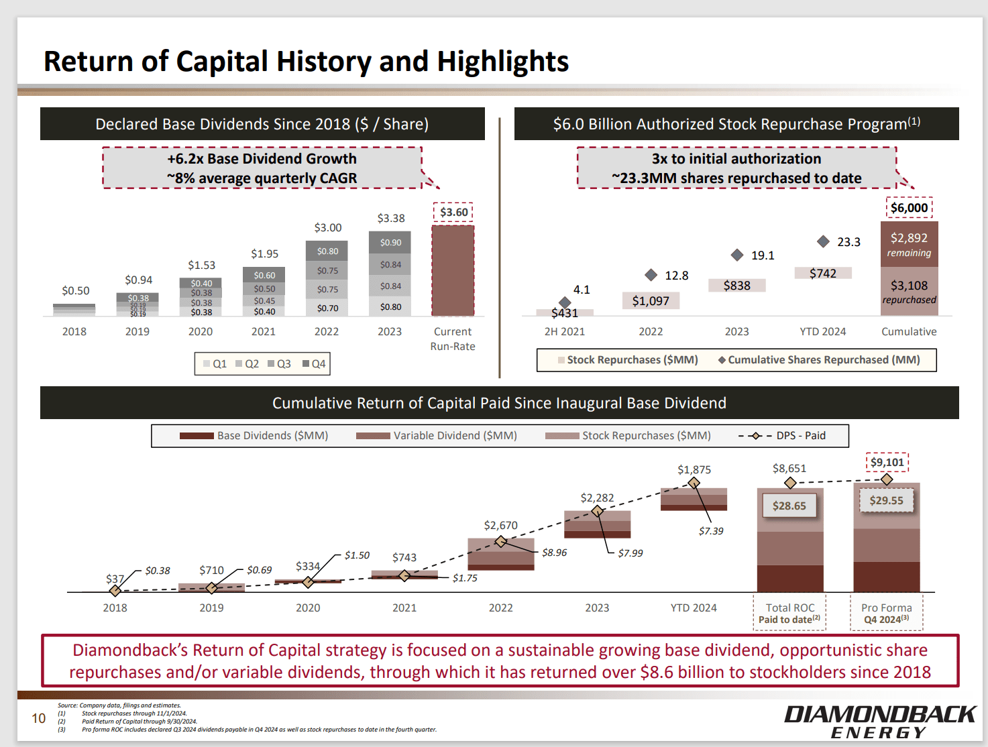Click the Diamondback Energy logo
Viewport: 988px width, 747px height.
click(879, 722)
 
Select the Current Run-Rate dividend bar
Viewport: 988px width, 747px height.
click(453, 271)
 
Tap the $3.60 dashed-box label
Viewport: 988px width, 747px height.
click(453, 213)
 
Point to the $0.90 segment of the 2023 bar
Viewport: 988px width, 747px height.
click(390, 242)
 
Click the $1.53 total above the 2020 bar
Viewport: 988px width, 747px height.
click(201, 265)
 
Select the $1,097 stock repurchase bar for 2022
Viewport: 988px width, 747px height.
click(651, 301)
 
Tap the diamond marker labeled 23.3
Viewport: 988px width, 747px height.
click(823, 241)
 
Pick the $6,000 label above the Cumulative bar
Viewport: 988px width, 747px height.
click(909, 208)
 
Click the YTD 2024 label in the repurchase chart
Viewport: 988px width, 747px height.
click(822, 331)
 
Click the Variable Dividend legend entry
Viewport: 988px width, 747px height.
click(437, 436)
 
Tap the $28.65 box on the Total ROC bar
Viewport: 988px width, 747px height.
click(789, 506)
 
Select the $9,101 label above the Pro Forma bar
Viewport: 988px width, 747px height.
click(887, 462)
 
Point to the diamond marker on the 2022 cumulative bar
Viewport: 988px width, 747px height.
click(500, 541)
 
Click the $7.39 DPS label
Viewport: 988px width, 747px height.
click(711, 531)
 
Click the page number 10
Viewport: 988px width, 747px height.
click(39, 718)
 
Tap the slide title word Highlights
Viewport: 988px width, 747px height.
click(503, 61)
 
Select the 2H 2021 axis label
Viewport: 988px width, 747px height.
click(564, 331)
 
